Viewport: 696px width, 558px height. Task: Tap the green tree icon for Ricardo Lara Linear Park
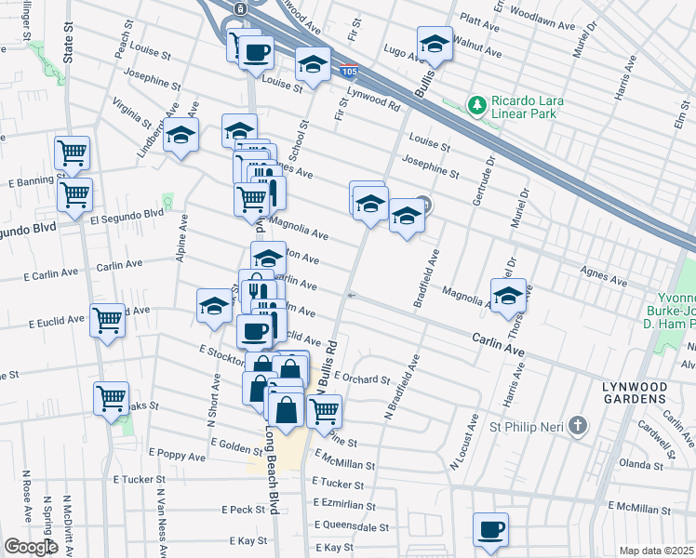click(477, 104)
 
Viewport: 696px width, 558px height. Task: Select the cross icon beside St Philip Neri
click(578, 427)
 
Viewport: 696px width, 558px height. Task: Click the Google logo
click(31, 547)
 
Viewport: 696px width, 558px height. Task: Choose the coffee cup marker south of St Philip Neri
click(489, 530)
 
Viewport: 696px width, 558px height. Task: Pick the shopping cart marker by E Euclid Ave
click(108, 321)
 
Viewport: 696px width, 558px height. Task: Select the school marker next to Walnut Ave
click(434, 43)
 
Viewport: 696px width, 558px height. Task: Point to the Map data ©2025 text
click(656, 551)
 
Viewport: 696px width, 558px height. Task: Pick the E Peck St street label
click(245, 510)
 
